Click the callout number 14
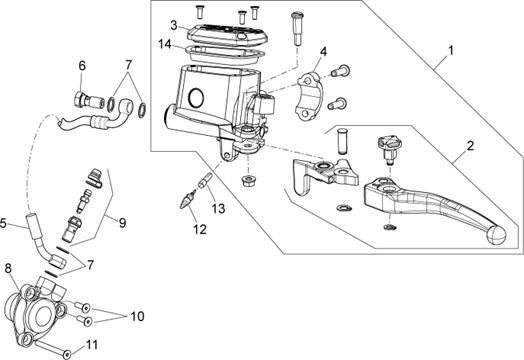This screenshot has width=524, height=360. [x=165, y=44]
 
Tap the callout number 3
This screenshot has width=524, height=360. [x=173, y=25]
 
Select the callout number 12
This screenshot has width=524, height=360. [x=200, y=230]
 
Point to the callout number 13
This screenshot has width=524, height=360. [x=219, y=209]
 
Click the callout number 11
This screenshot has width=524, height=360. [x=92, y=345]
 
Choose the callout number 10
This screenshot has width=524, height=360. [x=137, y=316]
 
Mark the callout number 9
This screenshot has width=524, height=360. [x=122, y=223]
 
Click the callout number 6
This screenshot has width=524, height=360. [x=82, y=66]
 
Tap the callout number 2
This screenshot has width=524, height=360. [x=470, y=146]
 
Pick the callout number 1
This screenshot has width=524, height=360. [x=451, y=51]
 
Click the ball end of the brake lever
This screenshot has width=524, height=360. [x=496, y=235]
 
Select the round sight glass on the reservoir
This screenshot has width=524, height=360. [x=196, y=97]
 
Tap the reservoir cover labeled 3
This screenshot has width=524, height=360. [x=228, y=35]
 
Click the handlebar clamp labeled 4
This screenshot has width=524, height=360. [x=311, y=96]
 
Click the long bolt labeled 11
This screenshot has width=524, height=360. [x=52, y=347]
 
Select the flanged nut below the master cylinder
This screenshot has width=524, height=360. [x=247, y=181]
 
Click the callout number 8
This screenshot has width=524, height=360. [x=8, y=268]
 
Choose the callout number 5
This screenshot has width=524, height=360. [x=3, y=223]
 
